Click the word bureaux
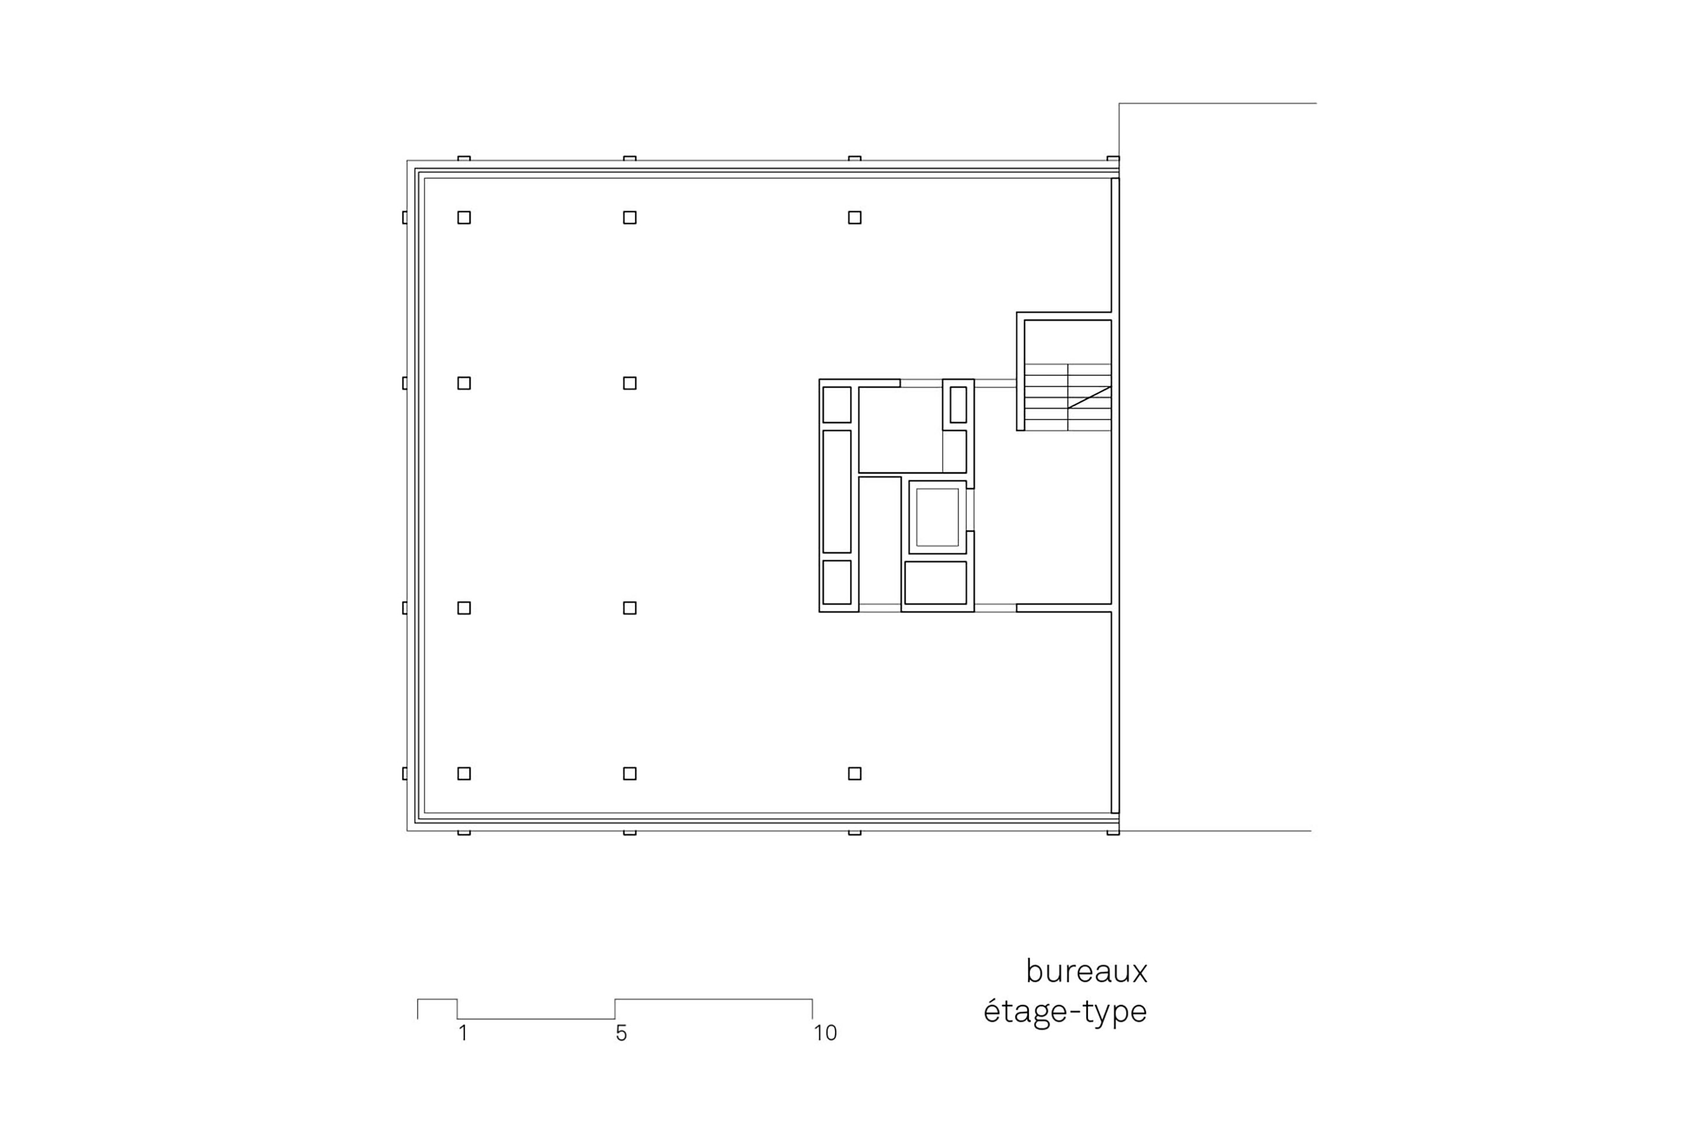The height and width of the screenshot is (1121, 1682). point(1086,972)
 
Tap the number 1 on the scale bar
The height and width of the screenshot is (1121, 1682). point(463,1033)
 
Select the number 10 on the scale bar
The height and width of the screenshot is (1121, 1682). point(825,1033)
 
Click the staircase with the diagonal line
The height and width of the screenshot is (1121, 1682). point(1067,397)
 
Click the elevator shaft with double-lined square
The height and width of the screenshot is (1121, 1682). point(937,517)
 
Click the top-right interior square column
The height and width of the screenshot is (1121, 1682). point(854,217)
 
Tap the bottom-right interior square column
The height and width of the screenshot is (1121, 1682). point(854,774)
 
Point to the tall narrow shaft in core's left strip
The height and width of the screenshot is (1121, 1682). point(837,491)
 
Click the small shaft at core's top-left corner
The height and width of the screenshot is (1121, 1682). point(837,405)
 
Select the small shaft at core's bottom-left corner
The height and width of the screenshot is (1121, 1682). point(837,582)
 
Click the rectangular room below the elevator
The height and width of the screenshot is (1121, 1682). point(936,583)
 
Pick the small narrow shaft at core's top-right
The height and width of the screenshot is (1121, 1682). point(958,405)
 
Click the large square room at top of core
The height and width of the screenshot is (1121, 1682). point(899,430)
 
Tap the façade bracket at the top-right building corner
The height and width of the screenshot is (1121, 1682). point(1113,159)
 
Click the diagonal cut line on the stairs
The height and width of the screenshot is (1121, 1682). point(1089,398)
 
